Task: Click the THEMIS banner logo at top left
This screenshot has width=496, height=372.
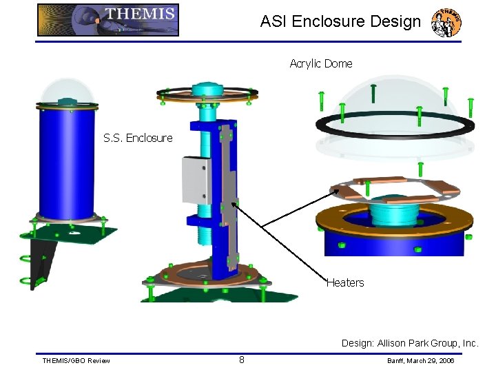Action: [x=108, y=20]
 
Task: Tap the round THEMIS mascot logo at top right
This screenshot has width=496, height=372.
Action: [x=446, y=23]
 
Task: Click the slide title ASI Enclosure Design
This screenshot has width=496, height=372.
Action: [x=340, y=21]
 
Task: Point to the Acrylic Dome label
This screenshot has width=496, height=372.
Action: [x=321, y=63]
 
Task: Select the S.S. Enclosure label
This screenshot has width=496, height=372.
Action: [x=138, y=138]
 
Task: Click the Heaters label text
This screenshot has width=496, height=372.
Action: [x=345, y=282]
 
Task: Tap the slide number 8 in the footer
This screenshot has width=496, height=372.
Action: [x=242, y=359]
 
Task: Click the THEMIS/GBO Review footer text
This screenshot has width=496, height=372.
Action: [x=76, y=361]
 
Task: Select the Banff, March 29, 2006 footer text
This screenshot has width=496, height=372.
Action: [x=420, y=361]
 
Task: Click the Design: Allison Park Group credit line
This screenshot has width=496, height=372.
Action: [x=410, y=343]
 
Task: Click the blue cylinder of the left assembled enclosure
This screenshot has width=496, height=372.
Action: [x=66, y=165]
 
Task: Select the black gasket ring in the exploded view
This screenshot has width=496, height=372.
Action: [x=394, y=125]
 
